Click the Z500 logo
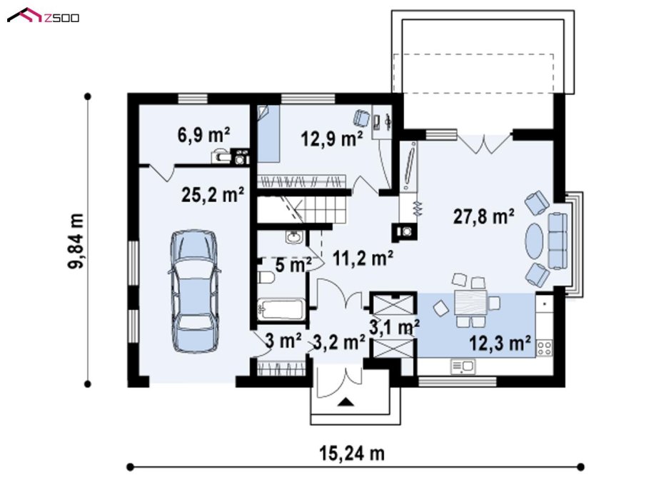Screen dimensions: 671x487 tap(44, 16)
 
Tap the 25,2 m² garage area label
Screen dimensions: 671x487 tap(213, 195)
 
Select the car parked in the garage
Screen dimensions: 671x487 tap(194, 291)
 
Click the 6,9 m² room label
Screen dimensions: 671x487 tap(203, 135)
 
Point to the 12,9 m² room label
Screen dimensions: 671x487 tap(332, 139)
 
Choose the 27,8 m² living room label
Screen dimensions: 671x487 tap(483, 216)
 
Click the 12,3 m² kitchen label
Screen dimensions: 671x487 tap(500, 343)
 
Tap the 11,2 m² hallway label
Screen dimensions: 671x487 tap(363, 258)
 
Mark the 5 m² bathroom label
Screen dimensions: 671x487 tap(293, 265)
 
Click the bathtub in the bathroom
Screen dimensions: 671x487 tap(281, 309)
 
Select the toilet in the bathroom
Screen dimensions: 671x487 tap(266, 277)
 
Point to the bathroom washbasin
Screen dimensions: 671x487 tap(295, 236)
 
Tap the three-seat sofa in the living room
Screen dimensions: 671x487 tap(558, 241)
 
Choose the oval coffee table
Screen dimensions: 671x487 tap(535, 241)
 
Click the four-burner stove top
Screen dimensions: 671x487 tap(545, 347)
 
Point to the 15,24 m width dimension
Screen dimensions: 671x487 tap(352, 453)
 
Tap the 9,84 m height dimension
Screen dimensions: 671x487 tap(76, 241)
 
